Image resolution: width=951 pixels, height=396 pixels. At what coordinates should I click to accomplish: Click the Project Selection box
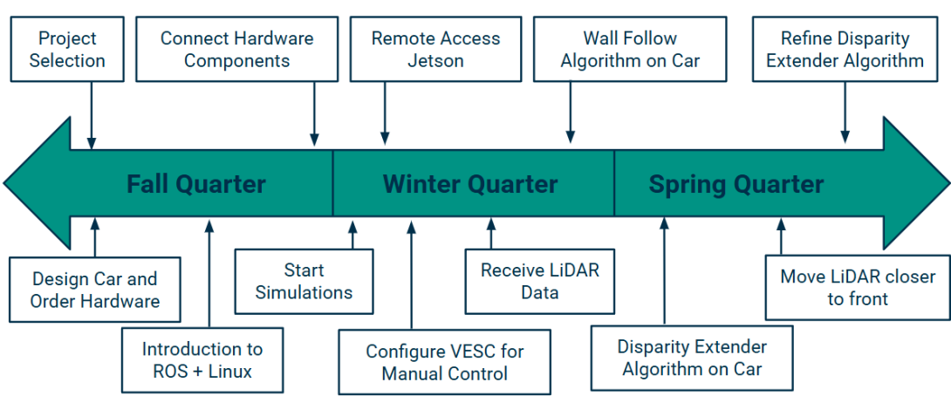(67, 49)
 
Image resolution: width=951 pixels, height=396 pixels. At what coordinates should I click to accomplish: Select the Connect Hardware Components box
(236, 49)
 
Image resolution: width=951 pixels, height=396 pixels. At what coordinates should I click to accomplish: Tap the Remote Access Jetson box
(435, 49)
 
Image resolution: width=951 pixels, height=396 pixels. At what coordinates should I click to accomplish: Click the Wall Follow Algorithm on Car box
(630, 49)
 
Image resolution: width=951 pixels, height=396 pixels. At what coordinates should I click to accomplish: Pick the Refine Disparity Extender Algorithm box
(845, 49)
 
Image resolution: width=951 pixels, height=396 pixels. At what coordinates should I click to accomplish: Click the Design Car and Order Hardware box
(94, 290)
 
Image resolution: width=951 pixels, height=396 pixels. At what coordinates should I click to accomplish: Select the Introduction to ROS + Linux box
(202, 359)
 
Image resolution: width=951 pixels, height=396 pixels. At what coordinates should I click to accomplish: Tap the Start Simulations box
(304, 282)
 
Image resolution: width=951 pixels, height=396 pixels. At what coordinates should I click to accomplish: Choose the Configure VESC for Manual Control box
(445, 362)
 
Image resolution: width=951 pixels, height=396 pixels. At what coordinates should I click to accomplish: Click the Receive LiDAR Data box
(540, 281)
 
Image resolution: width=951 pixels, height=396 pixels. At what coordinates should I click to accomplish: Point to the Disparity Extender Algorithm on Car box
(692, 358)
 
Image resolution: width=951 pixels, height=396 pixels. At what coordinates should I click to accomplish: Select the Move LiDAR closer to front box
(858, 288)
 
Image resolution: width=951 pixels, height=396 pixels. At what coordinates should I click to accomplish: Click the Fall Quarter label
(196, 184)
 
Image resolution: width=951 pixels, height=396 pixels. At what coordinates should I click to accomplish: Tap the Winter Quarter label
(470, 184)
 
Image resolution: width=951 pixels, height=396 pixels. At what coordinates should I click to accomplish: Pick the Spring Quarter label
(736, 184)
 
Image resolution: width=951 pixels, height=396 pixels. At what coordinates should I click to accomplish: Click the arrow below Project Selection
(92, 116)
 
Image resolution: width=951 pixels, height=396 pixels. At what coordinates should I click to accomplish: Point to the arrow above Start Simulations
(352, 235)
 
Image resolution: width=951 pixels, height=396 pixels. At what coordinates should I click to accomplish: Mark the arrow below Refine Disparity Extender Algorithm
(845, 113)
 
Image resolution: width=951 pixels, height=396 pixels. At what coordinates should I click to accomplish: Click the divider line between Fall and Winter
(333, 182)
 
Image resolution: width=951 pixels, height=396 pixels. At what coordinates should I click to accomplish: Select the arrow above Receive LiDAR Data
(491, 233)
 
